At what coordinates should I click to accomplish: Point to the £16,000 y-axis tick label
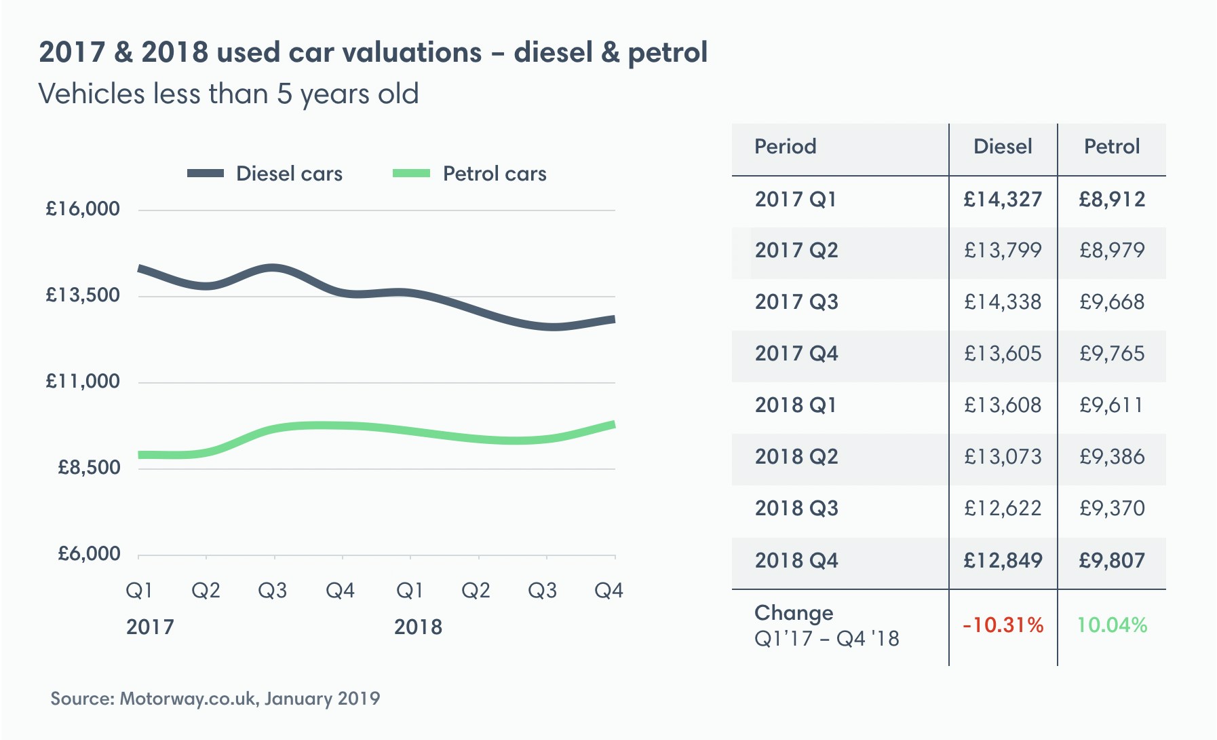(x=83, y=209)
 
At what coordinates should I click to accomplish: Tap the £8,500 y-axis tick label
(x=89, y=468)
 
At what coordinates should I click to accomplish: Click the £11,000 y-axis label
(x=83, y=382)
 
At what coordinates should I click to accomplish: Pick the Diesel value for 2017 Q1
(x=1003, y=200)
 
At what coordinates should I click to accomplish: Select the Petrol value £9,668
(x=1112, y=302)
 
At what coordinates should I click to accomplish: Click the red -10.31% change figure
(x=1003, y=625)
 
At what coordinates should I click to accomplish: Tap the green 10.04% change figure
(x=1112, y=625)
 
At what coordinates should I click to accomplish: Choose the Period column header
(x=786, y=147)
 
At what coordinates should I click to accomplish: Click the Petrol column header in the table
(x=1112, y=147)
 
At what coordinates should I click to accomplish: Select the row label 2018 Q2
(x=796, y=457)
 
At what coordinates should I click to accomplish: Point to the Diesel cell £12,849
(x=1003, y=561)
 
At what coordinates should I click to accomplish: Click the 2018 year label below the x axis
(x=418, y=627)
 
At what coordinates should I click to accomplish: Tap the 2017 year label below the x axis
(x=150, y=627)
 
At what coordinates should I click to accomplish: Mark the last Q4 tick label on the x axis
(x=608, y=591)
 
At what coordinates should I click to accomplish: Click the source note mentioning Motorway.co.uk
(x=215, y=699)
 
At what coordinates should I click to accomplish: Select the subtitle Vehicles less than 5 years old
(x=229, y=94)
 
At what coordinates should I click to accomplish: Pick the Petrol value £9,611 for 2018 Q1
(x=1112, y=405)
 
